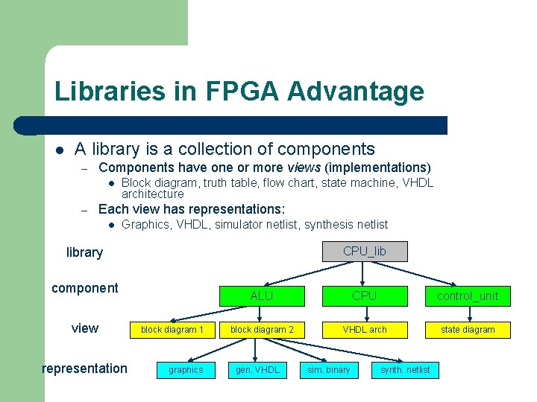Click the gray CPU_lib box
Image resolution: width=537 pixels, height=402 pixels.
[x=365, y=252]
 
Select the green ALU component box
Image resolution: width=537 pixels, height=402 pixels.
[x=262, y=296]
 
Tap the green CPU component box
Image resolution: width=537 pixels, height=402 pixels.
[x=365, y=296]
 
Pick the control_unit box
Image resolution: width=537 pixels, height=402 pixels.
[x=468, y=296]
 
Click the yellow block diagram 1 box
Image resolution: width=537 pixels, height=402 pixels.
[x=172, y=330]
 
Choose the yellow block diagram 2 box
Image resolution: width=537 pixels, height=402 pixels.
[x=262, y=330]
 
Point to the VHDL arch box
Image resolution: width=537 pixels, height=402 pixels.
[x=365, y=330]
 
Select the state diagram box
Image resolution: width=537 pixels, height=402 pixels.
[x=468, y=330]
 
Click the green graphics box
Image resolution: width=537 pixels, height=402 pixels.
[x=186, y=370]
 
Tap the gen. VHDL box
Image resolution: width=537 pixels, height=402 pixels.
[x=257, y=370]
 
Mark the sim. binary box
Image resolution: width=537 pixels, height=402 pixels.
[x=329, y=370]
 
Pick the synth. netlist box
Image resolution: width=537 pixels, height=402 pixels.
[x=405, y=370]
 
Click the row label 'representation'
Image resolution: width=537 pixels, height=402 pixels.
[x=84, y=368]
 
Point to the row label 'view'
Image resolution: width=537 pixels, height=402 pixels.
[x=84, y=328]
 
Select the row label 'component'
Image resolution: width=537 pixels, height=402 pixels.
[x=84, y=288]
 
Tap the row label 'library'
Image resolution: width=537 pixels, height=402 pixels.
[x=84, y=252]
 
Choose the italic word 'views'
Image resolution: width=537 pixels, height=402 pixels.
[x=305, y=167]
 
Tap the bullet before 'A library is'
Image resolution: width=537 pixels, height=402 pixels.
[x=59, y=150]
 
